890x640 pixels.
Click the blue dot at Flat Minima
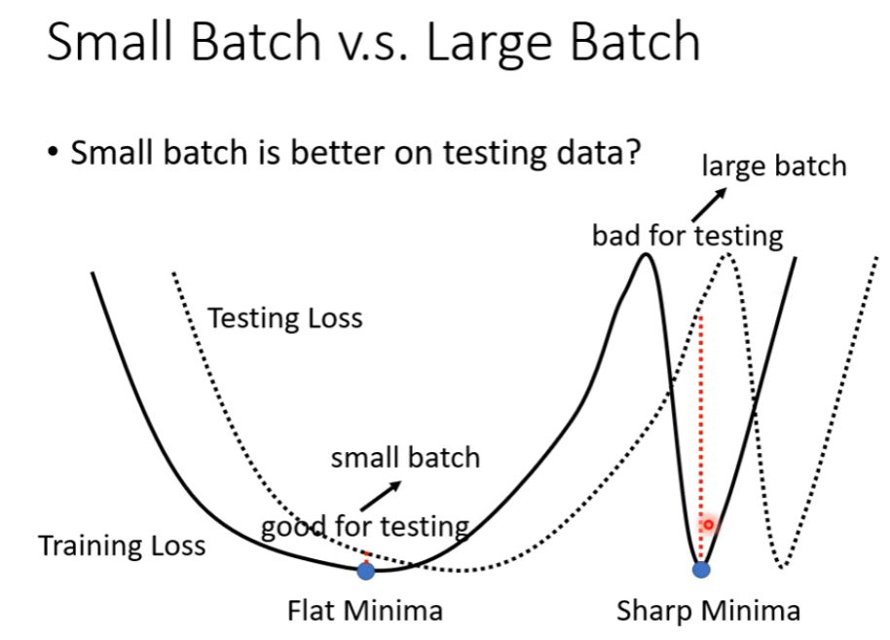[x=366, y=571]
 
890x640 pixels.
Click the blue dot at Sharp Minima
[x=701, y=570]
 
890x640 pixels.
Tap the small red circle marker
[x=708, y=525]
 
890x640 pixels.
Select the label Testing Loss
[x=285, y=318]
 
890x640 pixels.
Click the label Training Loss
[x=122, y=546]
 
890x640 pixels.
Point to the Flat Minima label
[x=365, y=611]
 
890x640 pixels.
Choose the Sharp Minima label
[x=708, y=611]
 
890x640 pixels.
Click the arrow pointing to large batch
[x=709, y=205]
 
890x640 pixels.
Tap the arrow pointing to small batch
[x=381, y=496]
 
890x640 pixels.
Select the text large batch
[x=774, y=167]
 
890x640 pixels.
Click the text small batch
[x=405, y=458]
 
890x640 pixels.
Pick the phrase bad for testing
[x=687, y=235]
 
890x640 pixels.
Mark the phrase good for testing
[x=365, y=526]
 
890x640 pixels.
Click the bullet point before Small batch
[x=53, y=153]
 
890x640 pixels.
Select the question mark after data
[x=632, y=152]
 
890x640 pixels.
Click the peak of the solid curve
[x=646, y=254]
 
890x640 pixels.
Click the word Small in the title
[x=109, y=42]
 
